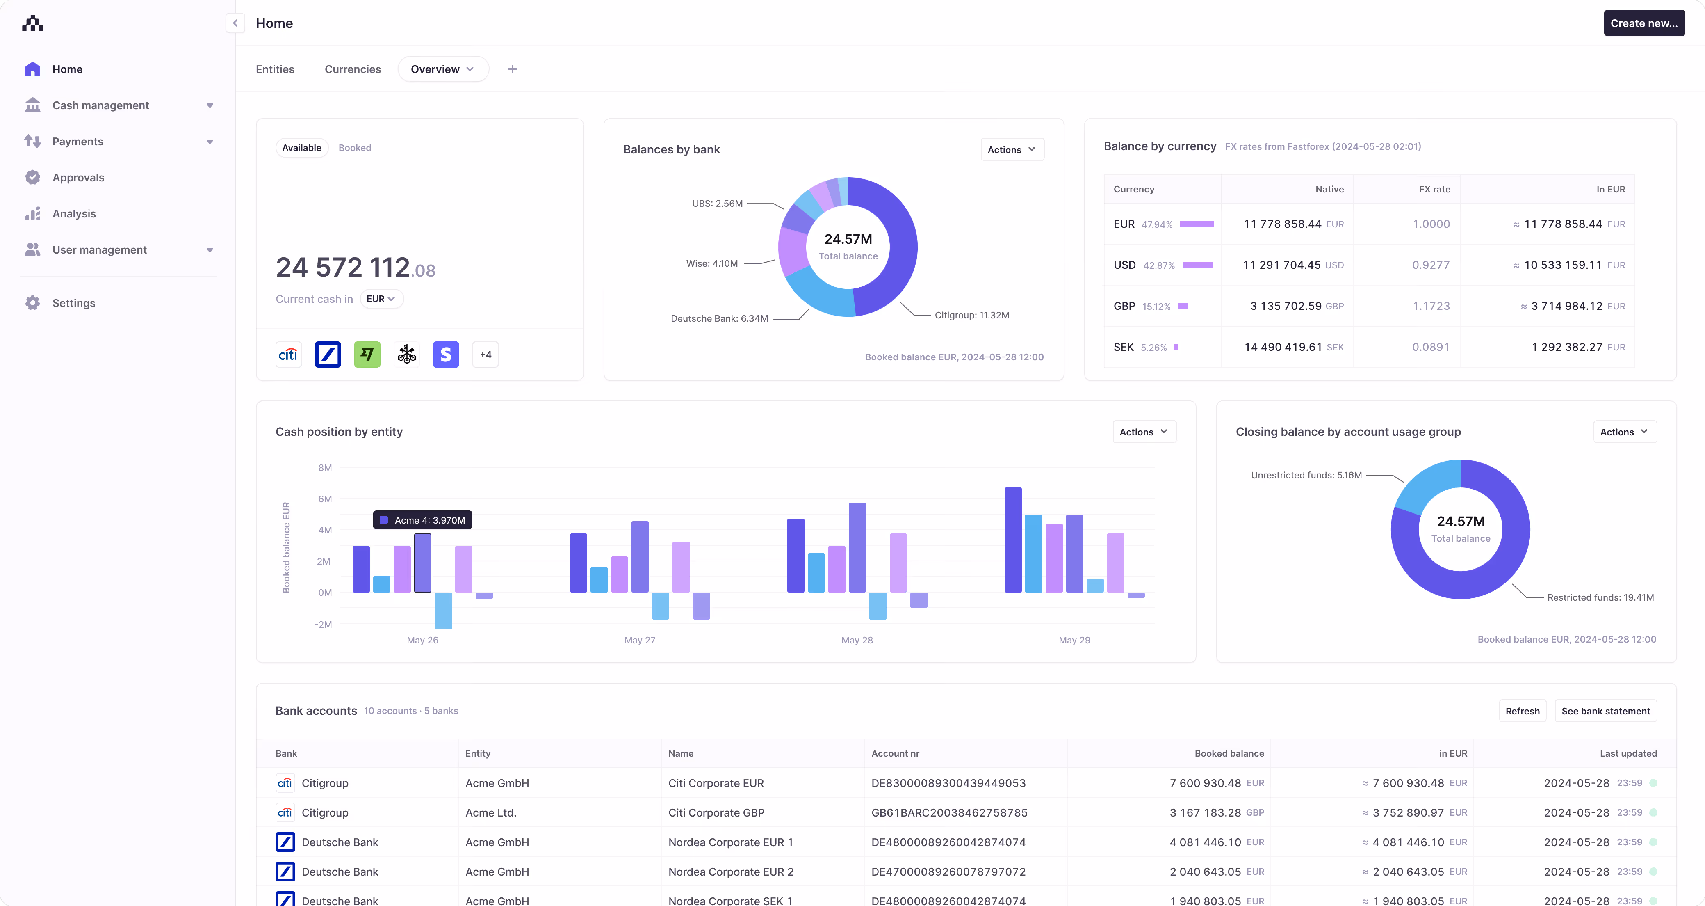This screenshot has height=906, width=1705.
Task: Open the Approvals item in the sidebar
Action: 78,178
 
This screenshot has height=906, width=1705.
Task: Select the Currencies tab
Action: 352,69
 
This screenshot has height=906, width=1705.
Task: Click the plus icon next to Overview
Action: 512,69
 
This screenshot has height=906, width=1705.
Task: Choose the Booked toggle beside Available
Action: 355,148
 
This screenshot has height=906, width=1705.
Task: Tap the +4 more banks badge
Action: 485,355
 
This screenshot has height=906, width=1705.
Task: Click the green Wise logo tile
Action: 367,355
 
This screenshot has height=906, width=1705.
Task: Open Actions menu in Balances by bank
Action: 1011,150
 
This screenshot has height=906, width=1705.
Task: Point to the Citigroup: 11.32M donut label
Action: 971,315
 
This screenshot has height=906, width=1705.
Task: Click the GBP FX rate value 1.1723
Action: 1431,306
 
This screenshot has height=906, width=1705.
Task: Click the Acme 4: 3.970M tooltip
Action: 423,520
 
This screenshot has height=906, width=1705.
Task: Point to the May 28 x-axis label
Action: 857,640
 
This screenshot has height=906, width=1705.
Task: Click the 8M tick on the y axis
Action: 325,468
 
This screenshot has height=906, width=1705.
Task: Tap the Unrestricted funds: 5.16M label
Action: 1306,475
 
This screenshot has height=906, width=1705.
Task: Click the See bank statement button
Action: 1605,711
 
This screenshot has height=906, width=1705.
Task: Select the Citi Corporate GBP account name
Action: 716,812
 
